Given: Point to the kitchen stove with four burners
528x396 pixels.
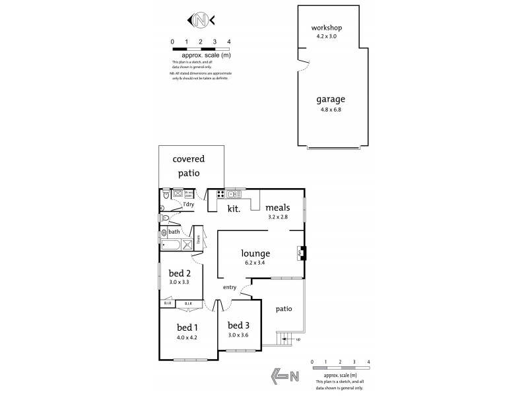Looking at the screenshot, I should [x=220, y=194].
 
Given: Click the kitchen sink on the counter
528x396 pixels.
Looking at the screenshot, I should [x=234, y=194].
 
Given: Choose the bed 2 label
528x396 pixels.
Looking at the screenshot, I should [x=179, y=273].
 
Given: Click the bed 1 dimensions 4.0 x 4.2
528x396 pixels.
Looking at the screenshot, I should [x=187, y=337].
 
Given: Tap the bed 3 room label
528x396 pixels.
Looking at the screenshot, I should [x=238, y=325].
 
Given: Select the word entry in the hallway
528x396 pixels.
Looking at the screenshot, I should [x=230, y=287].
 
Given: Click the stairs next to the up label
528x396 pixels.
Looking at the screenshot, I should [x=284, y=339].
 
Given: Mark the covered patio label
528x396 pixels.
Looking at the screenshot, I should [x=188, y=166].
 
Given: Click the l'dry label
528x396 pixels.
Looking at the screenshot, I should [x=189, y=205].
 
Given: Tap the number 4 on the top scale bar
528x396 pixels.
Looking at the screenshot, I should [x=228, y=42].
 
